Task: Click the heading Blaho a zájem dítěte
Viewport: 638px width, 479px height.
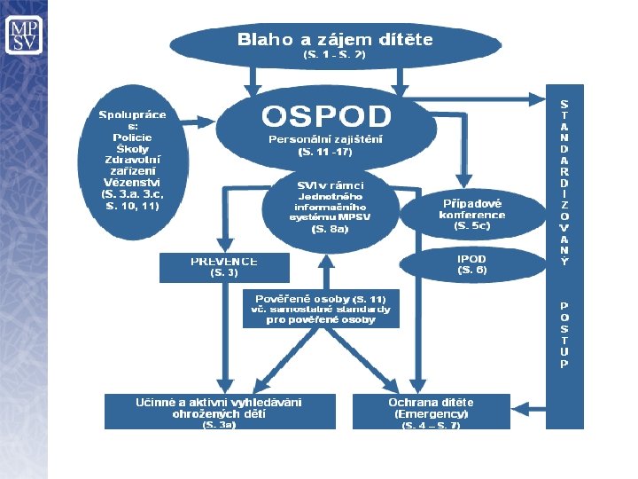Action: [x=334, y=39]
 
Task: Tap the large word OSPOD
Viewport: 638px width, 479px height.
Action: [x=325, y=116]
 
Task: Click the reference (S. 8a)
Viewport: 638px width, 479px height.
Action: [x=330, y=229]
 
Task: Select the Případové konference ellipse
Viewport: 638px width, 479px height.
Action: [x=471, y=214]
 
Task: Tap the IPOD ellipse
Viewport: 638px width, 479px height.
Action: [x=471, y=263]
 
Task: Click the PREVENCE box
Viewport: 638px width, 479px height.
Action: [x=224, y=267]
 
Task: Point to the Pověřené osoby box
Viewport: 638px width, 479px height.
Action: [x=321, y=308]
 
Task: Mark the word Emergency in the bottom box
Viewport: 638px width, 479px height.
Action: [x=431, y=413]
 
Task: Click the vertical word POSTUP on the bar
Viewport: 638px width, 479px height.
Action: [x=564, y=334]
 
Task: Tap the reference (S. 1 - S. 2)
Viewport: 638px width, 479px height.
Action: [x=334, y=55]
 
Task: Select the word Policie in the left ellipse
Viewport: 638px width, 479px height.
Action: [x=132, y=137]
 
